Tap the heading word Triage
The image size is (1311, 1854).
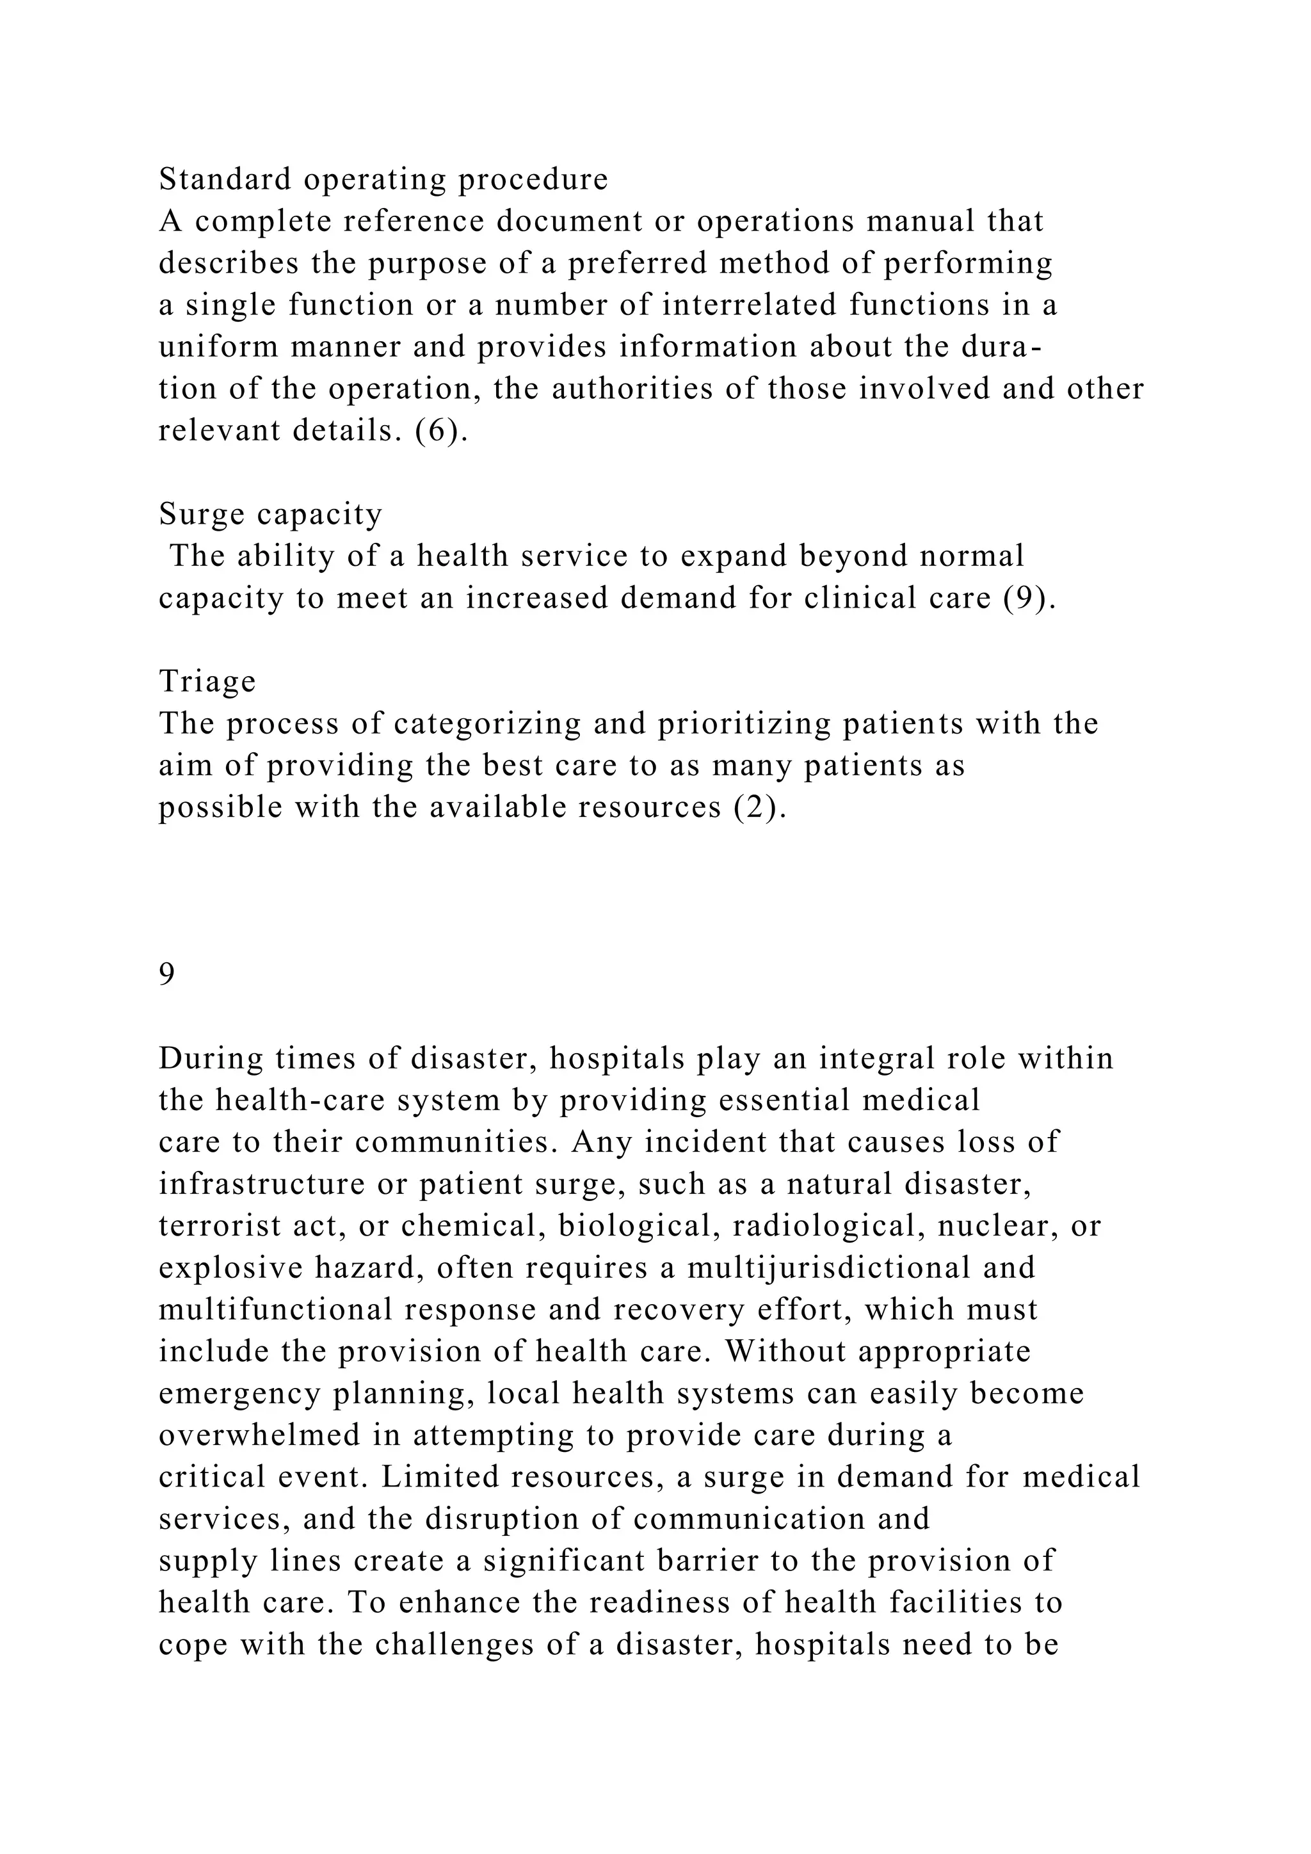click(x=207, y=681)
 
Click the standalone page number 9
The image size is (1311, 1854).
click(x=166, y=974)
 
